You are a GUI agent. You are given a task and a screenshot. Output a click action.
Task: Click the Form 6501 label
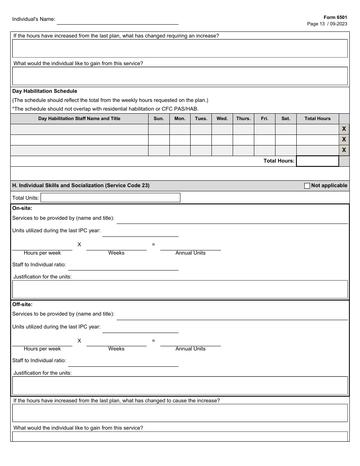335,17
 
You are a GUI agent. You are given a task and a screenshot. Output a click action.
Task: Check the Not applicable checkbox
307,186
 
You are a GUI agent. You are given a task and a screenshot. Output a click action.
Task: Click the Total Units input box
110,198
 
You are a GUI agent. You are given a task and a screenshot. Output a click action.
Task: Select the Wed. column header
222,119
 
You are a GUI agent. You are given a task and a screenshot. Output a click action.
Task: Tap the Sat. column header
286,119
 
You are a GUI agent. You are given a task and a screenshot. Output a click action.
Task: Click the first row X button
344,129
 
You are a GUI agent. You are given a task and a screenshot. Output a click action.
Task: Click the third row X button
344,150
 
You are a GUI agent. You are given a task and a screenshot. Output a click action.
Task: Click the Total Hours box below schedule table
317,161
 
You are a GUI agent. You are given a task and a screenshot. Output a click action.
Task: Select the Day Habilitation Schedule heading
45,91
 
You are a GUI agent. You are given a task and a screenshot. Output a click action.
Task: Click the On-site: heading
22,208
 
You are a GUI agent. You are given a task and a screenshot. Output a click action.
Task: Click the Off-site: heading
22,304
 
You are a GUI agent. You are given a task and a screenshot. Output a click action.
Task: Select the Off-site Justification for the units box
180,386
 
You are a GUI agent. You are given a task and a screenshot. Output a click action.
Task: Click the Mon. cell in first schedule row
180,129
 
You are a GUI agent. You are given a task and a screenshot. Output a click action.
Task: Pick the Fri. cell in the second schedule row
265,140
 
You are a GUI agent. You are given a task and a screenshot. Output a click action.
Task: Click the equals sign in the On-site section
153,245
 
